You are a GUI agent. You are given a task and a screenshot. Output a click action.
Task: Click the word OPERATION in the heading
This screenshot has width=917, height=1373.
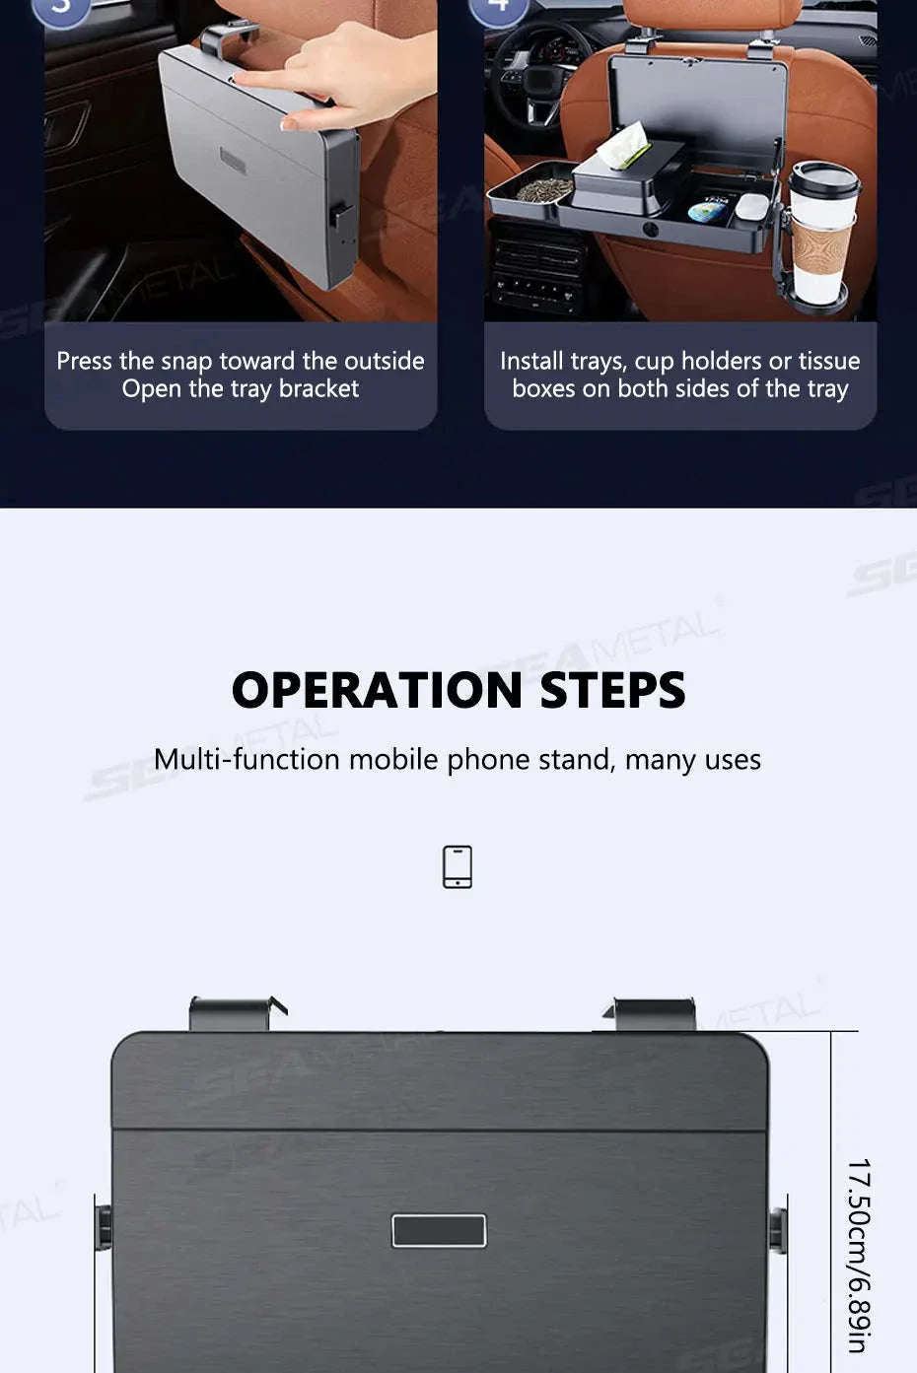click(x=378, y=690)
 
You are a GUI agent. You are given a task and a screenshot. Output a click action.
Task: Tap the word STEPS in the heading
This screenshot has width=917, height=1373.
click(x=612, y=690)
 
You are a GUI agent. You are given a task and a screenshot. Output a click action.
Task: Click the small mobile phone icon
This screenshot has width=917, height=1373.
click(x=458, y=866)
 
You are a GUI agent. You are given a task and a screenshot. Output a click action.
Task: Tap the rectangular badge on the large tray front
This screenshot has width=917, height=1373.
click(x=439, y=1230)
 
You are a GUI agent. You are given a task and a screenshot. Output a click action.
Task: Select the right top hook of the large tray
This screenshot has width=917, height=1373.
click(x=650, y=1014)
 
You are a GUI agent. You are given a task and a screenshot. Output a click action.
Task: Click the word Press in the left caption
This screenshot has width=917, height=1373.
click(x=85, y=361)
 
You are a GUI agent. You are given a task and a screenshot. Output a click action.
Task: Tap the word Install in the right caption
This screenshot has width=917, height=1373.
click(x=531, y=361)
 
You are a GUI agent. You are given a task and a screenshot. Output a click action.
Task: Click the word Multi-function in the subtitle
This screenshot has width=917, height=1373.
click(x=247, y=760)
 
